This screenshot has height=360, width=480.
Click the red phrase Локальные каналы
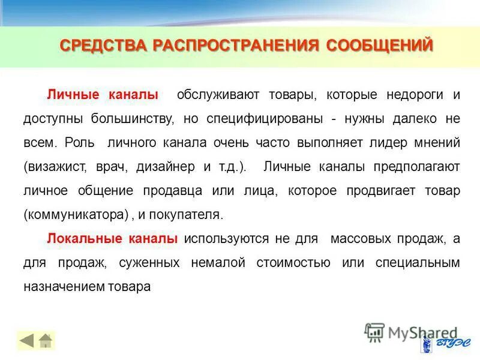[112, 239]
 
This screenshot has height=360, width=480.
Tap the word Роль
[79, 143]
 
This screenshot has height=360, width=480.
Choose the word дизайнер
[166, 167]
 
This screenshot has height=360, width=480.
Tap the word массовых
[358, 239]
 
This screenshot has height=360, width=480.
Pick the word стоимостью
[293, 263]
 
